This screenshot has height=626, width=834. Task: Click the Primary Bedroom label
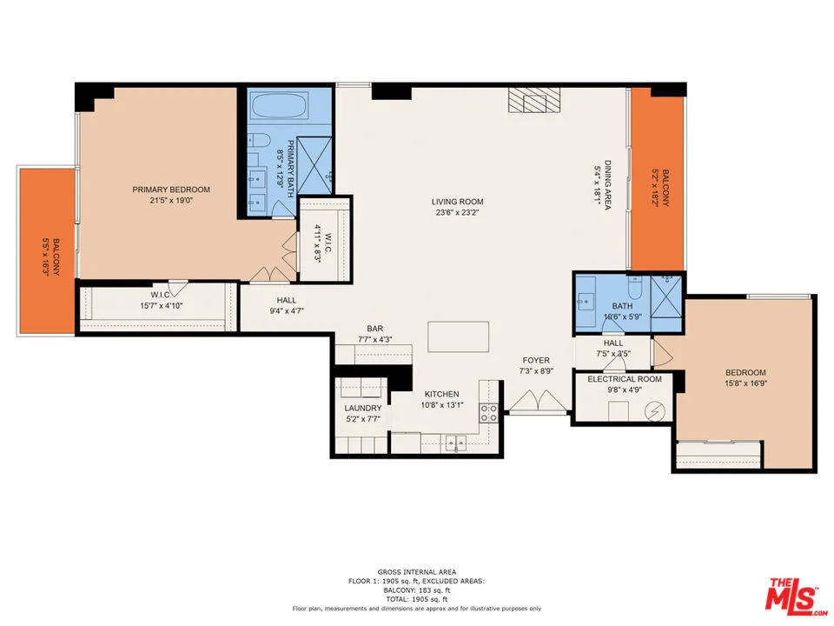171,190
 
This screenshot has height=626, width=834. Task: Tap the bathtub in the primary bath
278,109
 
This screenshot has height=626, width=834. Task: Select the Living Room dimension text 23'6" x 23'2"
457,213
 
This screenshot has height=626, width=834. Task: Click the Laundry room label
362,408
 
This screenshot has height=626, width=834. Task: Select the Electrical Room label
625,379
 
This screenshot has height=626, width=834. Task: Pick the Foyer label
536,360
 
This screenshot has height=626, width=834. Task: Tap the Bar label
375,328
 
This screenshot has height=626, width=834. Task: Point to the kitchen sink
454,444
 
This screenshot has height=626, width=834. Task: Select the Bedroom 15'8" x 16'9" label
745,373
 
